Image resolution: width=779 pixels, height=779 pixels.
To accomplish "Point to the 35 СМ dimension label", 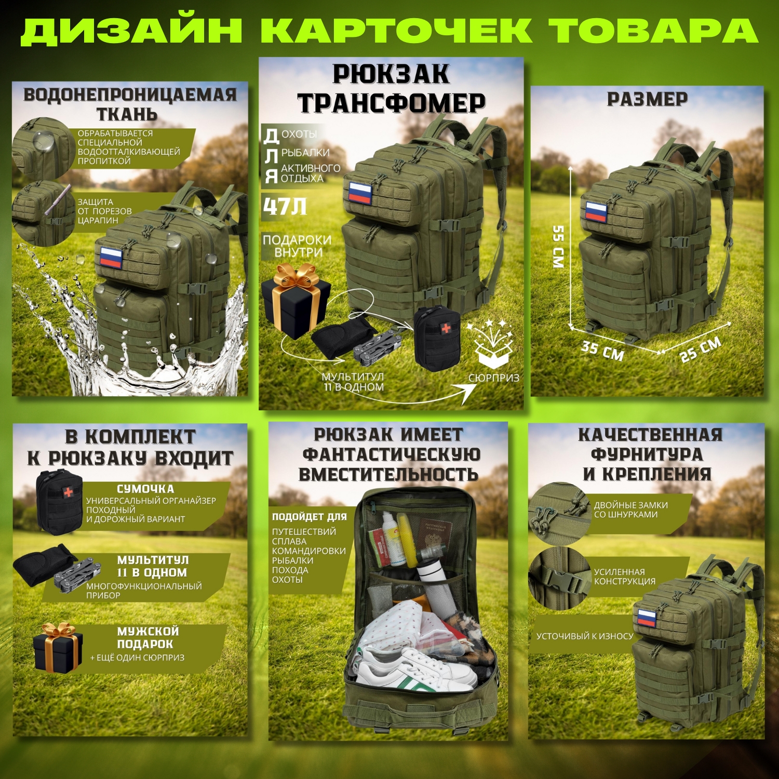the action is click(602, 351).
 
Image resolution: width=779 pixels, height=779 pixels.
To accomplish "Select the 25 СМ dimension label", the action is click(701, 349).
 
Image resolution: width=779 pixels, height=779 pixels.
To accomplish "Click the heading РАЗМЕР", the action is click(647, 99).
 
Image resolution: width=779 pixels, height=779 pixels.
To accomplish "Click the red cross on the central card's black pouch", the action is click(446, 328).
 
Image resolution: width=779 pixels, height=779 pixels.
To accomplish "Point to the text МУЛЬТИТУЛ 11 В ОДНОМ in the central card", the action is click(353, 382).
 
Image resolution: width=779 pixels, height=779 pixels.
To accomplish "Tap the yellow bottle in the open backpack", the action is click(407, 540).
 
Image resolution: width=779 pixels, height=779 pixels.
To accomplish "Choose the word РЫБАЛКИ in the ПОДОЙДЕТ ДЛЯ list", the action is click(292, 560).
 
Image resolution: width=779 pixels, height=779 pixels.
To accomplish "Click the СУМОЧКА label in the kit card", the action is click(145, 489).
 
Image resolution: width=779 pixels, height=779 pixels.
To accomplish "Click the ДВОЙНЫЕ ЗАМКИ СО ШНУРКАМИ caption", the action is click(630, 509).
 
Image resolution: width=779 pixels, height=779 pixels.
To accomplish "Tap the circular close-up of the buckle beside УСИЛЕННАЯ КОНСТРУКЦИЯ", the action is click(558, 578).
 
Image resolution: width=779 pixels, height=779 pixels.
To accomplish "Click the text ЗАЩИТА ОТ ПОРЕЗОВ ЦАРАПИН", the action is click(104, 211).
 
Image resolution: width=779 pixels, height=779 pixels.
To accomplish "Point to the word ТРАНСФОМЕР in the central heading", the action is click(391, 103).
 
